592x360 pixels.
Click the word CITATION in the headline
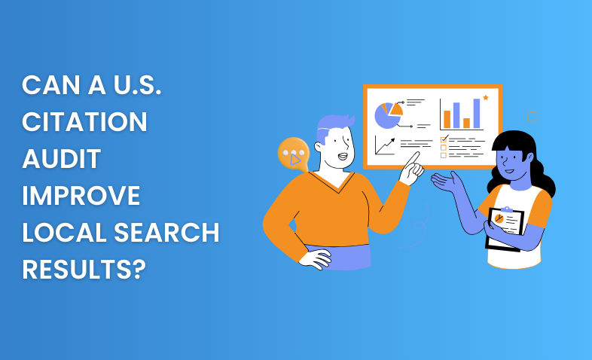(84, 122)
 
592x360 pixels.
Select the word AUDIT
(62, 159)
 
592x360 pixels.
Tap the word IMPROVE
(81, 196)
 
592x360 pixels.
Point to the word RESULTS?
(84, 270)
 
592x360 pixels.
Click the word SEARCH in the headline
(166, 233)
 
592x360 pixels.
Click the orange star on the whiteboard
(486, 97)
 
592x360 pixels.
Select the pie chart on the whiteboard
(388, 114)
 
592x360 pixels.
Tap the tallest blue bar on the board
(477, 113)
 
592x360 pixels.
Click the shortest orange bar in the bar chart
(467, 123)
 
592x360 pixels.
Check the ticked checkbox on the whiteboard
(444, 139)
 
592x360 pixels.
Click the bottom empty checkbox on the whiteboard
(443, 155)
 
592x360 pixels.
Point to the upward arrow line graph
(385, 145)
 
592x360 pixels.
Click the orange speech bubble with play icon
(294, 154)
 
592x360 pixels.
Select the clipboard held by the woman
(505, 229)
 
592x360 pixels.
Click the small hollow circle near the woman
(532, 117)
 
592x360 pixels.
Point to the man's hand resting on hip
(316, 258)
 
